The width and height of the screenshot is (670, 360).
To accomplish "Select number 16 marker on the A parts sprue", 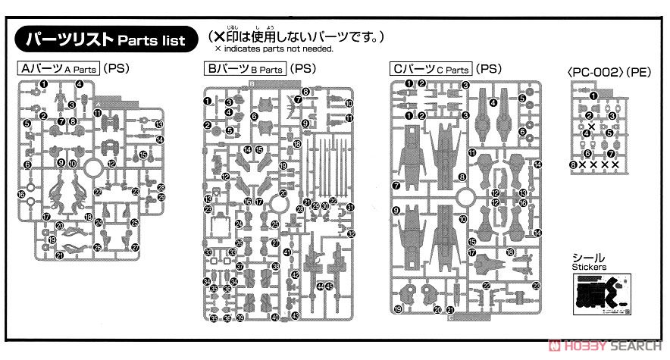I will click(23, 195).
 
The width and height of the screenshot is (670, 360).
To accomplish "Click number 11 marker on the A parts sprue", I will click(99, 114).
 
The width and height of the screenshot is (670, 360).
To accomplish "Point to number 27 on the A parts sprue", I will click(136, 247).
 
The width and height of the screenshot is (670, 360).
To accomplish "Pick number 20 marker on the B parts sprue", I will click(283, 194).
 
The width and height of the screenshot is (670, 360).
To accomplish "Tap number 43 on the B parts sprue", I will click(296, 315).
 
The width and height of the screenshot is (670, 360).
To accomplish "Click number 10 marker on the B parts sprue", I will click(349, 104).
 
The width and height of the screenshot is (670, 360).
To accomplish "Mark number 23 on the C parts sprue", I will click(536, 285).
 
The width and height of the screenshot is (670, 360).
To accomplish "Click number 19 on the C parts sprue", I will click(398, 308).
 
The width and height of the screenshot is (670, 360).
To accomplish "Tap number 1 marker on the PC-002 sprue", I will click(594, 95).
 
